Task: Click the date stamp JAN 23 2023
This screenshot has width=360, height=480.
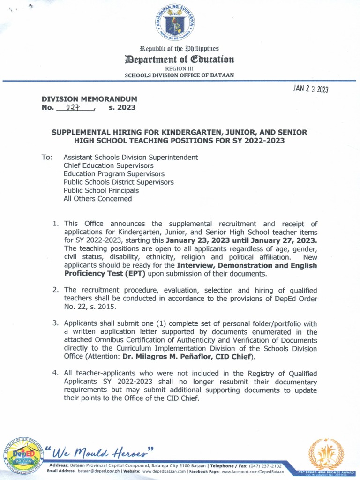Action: pos(310,90)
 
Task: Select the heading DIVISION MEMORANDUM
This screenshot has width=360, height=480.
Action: pos(90,99)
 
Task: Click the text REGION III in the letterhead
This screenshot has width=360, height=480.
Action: pos(180,68)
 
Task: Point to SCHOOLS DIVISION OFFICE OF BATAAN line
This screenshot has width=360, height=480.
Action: pos(179,75)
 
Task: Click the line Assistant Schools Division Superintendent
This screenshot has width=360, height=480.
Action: pos(131,157)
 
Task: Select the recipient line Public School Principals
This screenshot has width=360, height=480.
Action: pos(101,190)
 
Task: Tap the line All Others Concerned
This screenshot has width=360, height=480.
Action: pos(97,198)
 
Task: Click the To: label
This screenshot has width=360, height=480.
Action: pos(47,157)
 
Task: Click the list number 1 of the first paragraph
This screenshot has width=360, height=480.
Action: pos(55,224)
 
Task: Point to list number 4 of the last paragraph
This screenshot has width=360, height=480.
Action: pos(55,373)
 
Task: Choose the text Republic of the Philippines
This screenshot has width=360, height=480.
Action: pos(180,48)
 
